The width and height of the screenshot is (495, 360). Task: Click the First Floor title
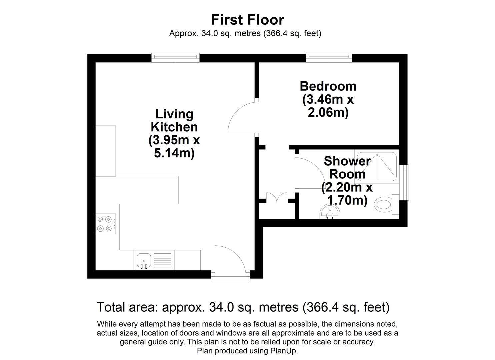[247, 20]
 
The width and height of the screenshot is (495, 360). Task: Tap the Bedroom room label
[328, 86]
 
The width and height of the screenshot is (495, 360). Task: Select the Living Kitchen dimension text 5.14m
[174, 153]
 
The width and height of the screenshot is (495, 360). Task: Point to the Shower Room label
[347, 168]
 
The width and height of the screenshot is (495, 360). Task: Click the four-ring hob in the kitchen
[106, 224]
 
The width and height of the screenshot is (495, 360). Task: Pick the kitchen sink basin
[144, 261]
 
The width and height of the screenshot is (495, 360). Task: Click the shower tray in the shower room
[377, 167]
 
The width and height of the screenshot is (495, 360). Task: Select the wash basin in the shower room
[330, 212]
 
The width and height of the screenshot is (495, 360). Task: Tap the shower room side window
[404, 183]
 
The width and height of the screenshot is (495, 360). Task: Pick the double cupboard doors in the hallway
[277, 198]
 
